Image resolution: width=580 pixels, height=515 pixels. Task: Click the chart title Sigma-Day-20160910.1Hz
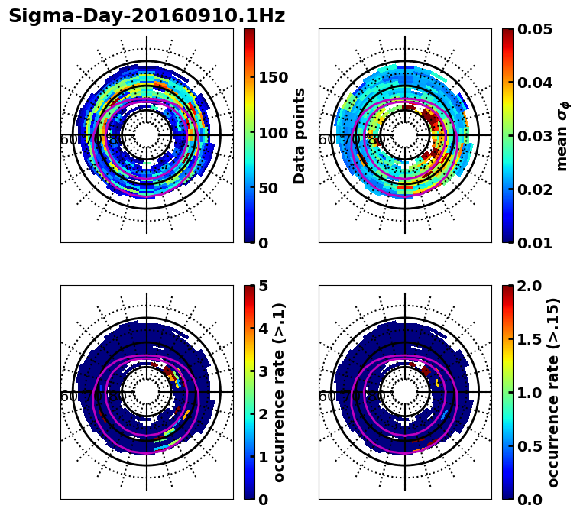pyautogui.click(x=147, y=16)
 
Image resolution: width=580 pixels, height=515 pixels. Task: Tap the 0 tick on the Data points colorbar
pyautogui.click(x=264, y=243)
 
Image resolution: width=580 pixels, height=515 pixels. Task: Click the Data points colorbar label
pyautogui.click(x=300, y=135)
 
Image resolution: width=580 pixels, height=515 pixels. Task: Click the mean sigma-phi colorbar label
pyautogui.click(x=562, y=136)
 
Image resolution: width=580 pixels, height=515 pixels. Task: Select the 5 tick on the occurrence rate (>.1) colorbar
pyautogui.click(x=264, y=286)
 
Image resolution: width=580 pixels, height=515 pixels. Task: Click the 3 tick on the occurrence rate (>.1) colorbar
pyautogui.click(x=264, y=371)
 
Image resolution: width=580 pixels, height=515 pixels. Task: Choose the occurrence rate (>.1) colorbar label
pyautogui.click(x=280, y=392)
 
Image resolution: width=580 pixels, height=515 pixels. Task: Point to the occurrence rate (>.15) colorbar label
pyautogui.click(x=553, y=392)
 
